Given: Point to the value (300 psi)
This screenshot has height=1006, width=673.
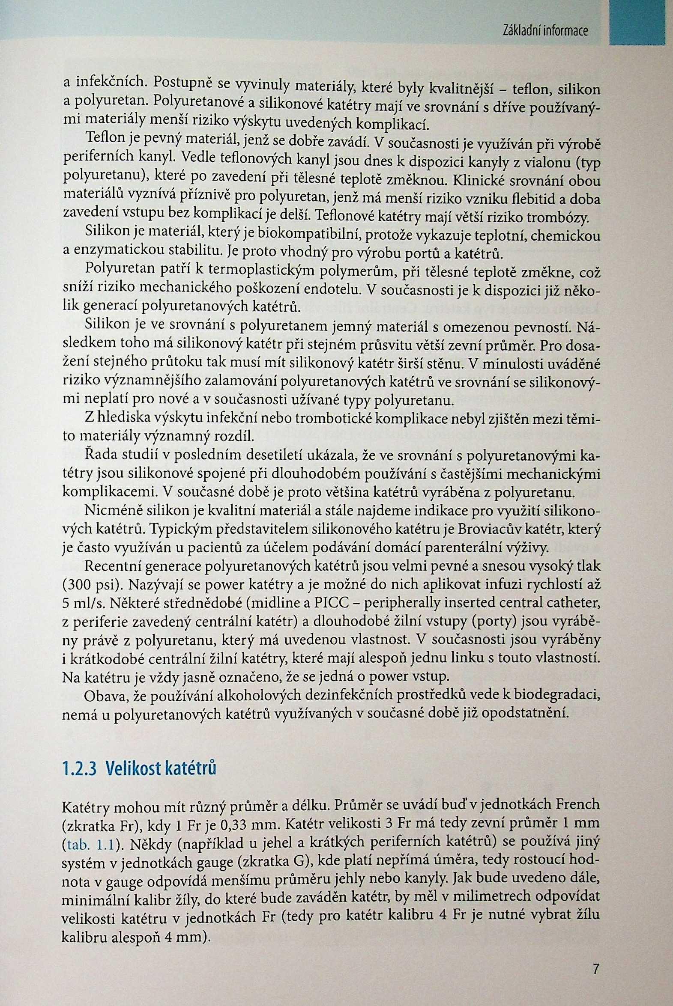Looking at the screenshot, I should coord(90,584).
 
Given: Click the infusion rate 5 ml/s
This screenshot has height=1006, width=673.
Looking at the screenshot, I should coord(82,603).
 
